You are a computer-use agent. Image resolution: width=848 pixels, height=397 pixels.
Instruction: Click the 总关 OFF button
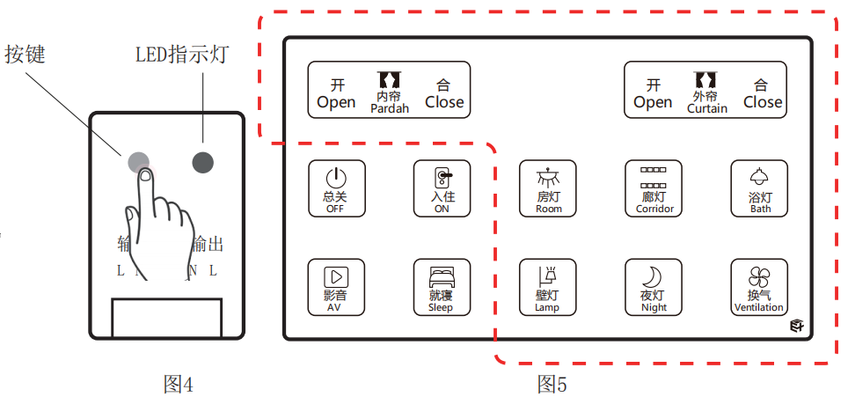(335, 187)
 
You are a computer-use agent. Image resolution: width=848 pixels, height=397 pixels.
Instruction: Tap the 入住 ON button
(442, 187)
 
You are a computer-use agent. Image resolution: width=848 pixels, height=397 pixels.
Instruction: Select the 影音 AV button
(335, 287)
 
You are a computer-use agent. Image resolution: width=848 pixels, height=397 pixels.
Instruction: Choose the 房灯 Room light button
(548, 187)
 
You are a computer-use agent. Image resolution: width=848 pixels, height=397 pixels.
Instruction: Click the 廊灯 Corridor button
(654, 187)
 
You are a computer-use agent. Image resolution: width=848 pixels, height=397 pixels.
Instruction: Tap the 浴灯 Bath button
(760, 187)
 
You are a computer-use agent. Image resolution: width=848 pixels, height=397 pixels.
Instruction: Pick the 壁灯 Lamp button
(547, 287)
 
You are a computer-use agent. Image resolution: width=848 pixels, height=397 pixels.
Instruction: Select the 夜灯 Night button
(654, 287)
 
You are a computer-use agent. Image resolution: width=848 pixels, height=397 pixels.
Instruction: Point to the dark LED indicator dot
(203, 161)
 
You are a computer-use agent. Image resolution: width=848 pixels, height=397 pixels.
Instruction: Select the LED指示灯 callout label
(182, 54)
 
